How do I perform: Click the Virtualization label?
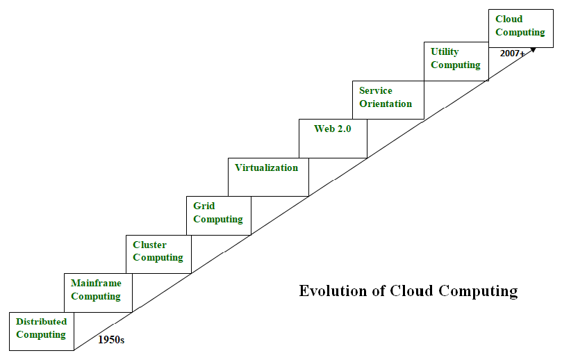coord(266,167)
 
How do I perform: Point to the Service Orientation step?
coord(386,98)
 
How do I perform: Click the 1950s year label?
coord(110,341)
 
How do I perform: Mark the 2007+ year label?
coord(512,53)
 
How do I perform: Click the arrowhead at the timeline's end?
coord(533,49)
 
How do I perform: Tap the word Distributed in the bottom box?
coord(41,322)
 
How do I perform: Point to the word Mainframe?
coord(96,284)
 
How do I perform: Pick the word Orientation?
coord(386,104)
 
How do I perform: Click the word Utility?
coord(445,52)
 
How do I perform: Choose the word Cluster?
coord(149,245)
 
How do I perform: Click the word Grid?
coord(204,206)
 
